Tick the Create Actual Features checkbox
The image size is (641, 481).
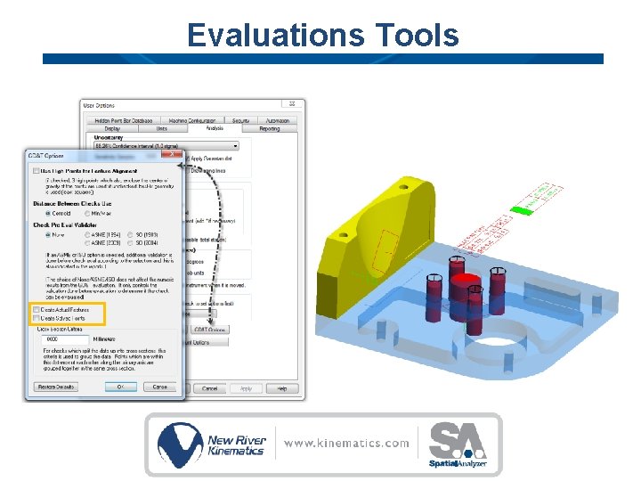37,310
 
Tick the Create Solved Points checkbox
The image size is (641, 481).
37,318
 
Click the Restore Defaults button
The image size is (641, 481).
56,387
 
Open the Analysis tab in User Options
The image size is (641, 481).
214,128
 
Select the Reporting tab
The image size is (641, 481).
269,128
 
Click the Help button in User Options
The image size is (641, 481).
281,388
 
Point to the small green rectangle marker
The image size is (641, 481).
521,211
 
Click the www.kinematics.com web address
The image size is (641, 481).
347,443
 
